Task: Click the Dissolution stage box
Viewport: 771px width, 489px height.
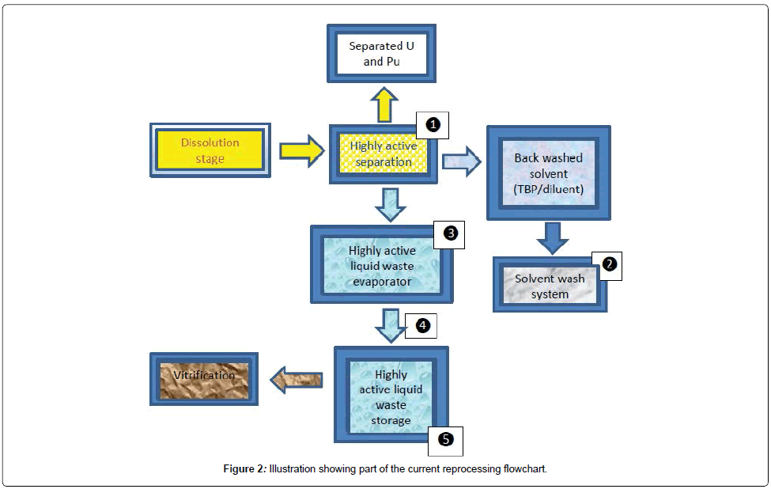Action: pos(210,150)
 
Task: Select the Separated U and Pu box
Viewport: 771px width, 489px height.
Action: pos(383,54)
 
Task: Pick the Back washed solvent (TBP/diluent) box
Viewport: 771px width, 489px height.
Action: pos(548,172)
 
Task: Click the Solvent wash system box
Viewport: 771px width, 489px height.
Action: pos(550,286)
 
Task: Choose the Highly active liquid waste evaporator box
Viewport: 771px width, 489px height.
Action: pos(382,264)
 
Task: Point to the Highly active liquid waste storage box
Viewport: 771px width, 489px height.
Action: pos(391,393)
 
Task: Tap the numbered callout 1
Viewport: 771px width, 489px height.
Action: pos(433,125)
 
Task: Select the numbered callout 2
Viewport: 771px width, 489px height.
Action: pos(607,266)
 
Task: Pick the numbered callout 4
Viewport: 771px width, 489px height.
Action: pos(421,325)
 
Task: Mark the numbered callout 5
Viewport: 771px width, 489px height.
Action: pos(445,440)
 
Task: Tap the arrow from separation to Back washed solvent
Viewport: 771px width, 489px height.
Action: pos(462,161)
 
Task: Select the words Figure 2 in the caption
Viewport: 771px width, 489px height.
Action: pos(244,469)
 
